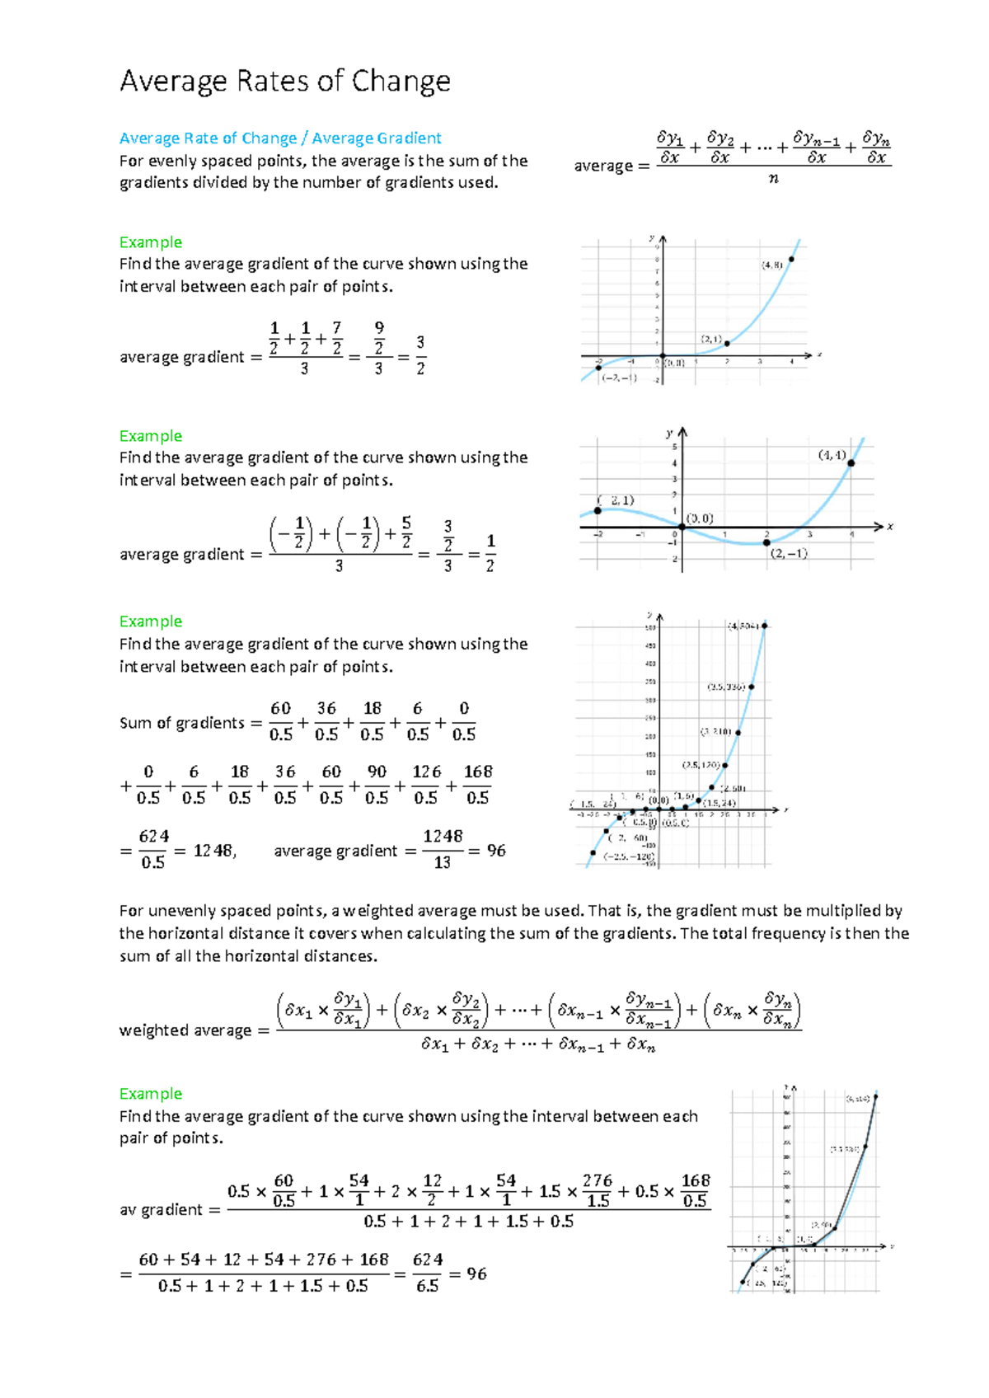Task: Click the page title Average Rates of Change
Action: tap(284, 82)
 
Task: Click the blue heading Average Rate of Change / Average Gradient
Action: tap(280, 138)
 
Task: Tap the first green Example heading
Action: tap(150, 242)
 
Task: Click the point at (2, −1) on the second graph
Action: tap(766, 542)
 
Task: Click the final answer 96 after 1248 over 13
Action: tap(496, 851)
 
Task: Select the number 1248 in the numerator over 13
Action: tap(443, 837)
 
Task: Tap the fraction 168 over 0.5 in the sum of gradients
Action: tap(478, 784)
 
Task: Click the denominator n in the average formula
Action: tap(773, 178)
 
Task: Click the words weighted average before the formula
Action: tap(185, 1030)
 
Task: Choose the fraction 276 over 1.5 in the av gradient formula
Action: tap(598, 1191)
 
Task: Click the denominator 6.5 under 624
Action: tap(427, 1286)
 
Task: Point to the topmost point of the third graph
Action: tap(765, 626)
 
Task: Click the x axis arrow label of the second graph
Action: tap(890, 527)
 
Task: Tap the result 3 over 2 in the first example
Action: tap(420, 355)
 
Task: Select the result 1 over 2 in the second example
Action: tap(490, 553)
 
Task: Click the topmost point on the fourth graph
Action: tap(876, 1096)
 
